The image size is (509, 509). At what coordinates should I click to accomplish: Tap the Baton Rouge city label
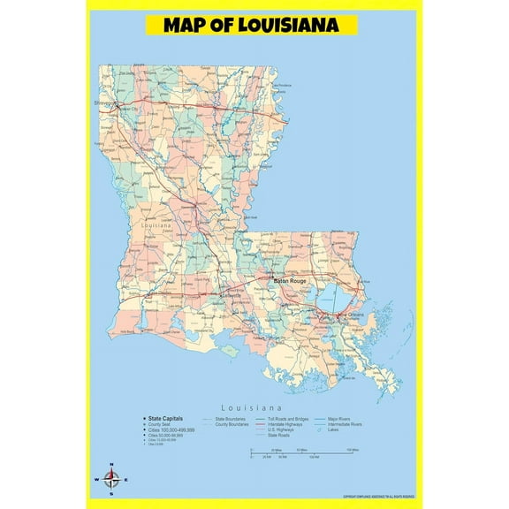point(291,281)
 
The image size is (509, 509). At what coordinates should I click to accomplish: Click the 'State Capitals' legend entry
point(166,418)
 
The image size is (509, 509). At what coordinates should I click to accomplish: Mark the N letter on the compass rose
point(111,465)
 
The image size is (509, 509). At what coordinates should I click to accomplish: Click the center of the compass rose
point(111,480)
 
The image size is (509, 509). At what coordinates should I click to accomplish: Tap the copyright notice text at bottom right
point(378,497)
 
